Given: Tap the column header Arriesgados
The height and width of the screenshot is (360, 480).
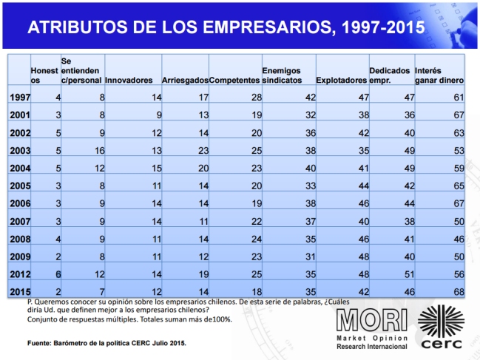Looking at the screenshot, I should point(184,80).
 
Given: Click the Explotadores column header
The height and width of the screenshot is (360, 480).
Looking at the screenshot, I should point(341,80).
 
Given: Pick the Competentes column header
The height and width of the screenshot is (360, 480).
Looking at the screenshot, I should point(234,80).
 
